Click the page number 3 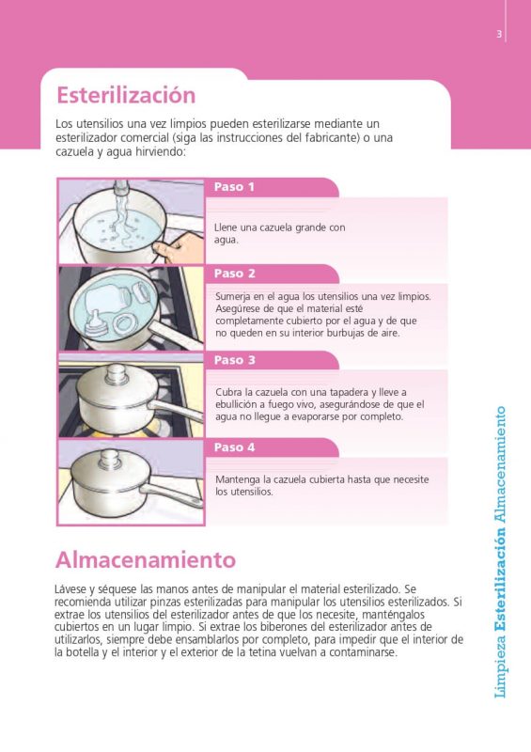[500, 35]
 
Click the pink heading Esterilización [126, 95]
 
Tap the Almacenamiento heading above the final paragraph [145, 560]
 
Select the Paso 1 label [234, 187]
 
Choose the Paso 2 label [234, 274]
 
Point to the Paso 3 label [234, 360]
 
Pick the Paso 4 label [234, 447]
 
